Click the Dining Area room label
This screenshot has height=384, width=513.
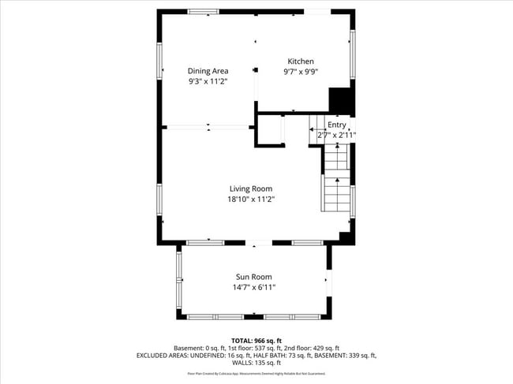[x=208, y=71]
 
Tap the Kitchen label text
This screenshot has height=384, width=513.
[x=300, y=62]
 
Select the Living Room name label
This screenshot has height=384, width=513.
[x=251, y=188]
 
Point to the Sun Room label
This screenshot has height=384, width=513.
[x=253, y=277]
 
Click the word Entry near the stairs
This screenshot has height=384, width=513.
[x=337, y=125]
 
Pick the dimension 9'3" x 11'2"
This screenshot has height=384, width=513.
[x=208, y=81]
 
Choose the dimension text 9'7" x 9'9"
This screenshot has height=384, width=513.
[x=300, y=72]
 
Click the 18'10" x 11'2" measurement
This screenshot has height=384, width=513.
[x=251, y=199]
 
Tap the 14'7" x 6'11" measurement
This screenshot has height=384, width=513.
[x=253, y=287]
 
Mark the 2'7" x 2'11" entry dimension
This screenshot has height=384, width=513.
[x=337, y=135]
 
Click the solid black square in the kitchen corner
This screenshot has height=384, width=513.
[x=339, y=100]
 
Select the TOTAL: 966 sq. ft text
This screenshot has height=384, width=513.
[x=256, y=339]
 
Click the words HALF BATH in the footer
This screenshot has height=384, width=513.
[x=278, y=356]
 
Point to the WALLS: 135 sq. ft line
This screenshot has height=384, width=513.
[x=256, y=363]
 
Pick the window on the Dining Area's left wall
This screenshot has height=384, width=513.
[x=159, y=61]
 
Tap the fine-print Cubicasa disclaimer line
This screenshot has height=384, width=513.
[x=256, y=373]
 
